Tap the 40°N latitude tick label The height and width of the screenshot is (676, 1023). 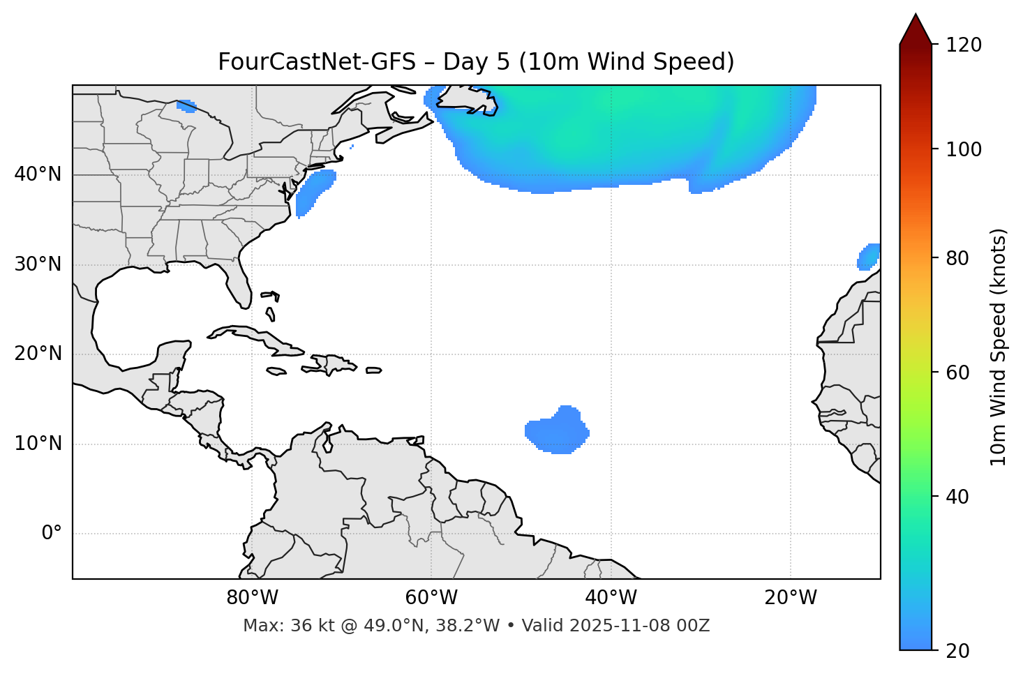pos(38,174)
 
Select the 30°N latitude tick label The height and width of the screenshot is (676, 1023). pos(38,264)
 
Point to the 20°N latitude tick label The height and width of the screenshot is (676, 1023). pos(38,354)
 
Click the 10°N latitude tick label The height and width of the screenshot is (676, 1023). pos(38,444)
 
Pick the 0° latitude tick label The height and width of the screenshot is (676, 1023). pos(52,534)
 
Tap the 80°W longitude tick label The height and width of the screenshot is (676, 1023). pos(252,598)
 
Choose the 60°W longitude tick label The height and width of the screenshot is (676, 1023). pos(431,598)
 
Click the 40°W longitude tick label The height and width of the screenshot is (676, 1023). pos(611,598)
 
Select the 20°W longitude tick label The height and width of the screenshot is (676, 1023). pos(791,598)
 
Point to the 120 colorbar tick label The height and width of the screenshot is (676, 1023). pos(964,45)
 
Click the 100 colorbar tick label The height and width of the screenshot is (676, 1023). pos(964,149)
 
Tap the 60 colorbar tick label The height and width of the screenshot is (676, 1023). pos(958,373)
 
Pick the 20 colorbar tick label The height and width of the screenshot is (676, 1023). pos(958,651)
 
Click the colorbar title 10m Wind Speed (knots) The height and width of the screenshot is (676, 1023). pos(999,347)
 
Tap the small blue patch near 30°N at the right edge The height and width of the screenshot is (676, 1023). pos(869,257)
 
